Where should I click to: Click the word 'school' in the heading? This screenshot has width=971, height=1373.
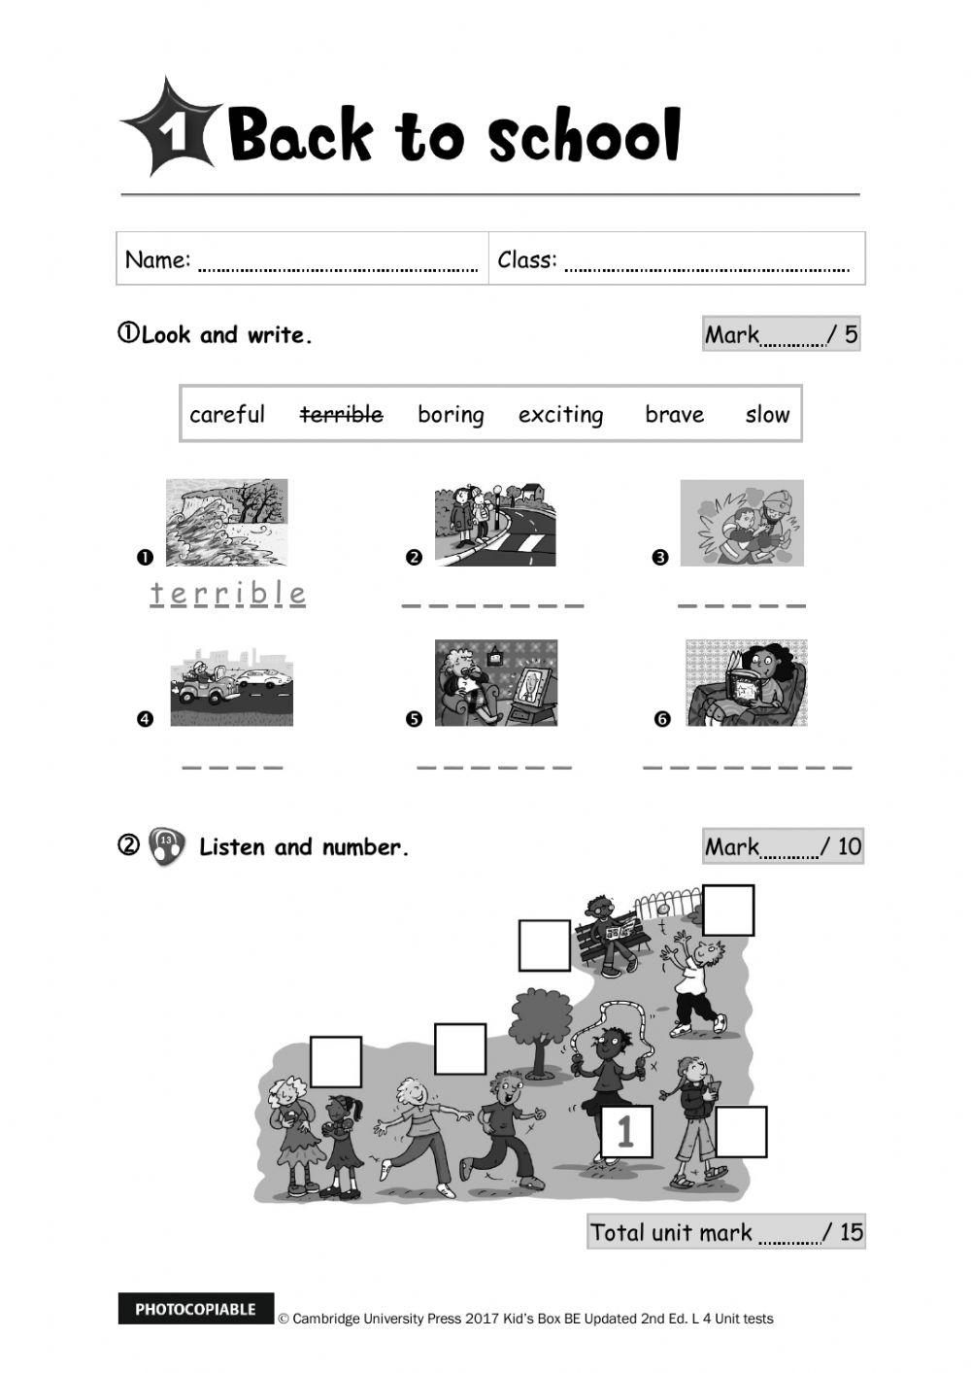584,136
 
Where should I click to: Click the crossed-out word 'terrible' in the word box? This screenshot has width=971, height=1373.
341,415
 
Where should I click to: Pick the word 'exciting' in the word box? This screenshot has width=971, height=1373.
560,415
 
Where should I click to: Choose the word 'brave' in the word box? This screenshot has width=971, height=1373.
674,415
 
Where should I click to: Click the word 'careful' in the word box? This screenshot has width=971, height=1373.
227,415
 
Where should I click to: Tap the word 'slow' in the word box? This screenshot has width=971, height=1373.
767,415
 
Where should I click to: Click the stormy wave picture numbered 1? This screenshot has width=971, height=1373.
226,522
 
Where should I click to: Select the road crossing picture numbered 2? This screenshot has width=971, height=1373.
495,522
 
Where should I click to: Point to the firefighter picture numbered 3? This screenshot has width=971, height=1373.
742,522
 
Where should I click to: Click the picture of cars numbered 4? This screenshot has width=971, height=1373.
231,686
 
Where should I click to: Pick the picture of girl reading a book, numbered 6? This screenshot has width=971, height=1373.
746,682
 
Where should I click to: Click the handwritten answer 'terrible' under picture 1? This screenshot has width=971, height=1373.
228,593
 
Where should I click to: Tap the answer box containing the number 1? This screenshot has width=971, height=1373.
626,1131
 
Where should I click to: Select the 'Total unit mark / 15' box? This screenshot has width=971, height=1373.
725,1232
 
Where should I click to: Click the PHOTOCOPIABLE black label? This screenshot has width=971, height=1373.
196,1309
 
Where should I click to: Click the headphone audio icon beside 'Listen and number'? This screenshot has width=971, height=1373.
167,846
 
